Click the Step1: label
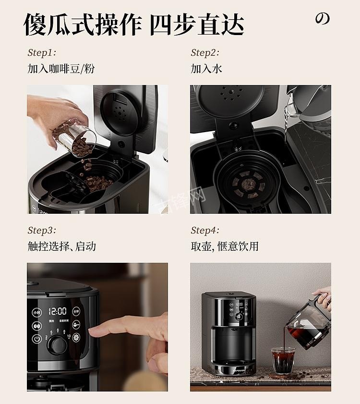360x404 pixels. [x=42, y=53]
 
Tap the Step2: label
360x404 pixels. [x=205, y=53]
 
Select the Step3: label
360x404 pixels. [x=42, y=231]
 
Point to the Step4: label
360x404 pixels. [x=205, y=231]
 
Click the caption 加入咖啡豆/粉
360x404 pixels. [x=61, y=69]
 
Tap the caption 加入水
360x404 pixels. [x=206, y=69]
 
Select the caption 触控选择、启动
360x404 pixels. [x=61, y=246]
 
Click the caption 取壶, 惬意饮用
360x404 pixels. [x=225, y=246]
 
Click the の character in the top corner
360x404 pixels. [x=323, y=19]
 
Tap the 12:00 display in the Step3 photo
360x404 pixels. [x=57, y=311]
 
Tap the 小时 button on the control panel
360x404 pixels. [x=37, y=312]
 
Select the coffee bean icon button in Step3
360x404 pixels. [x=37, y=326]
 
